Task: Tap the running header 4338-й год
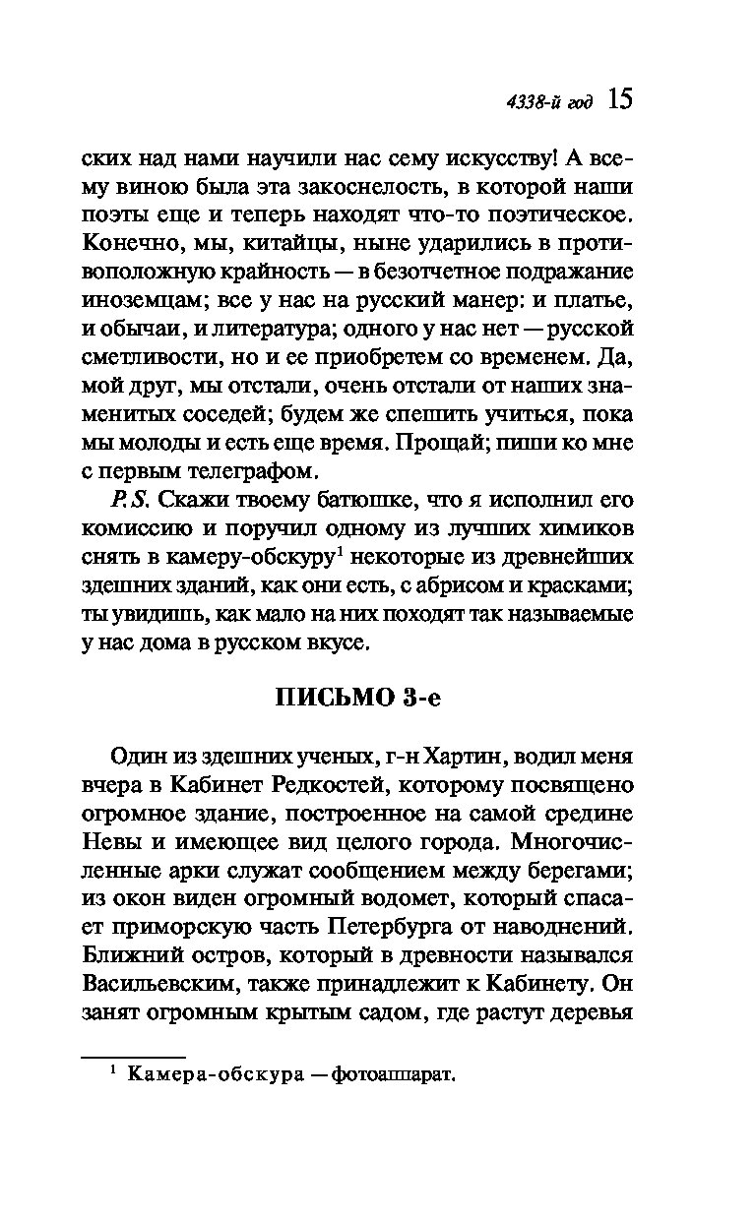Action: (549, 103)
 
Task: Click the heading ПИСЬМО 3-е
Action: (357, 700)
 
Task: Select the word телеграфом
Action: (253, 467)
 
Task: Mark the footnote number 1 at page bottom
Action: (113, 1071)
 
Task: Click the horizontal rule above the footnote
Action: (119, 1058)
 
